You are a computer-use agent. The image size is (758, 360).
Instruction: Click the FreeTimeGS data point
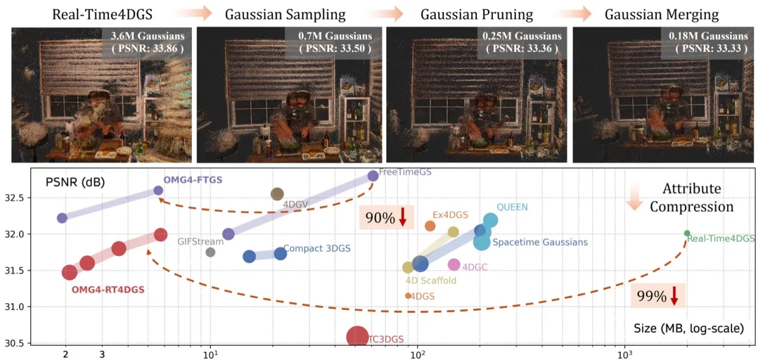pyautogui.click(x=372, y=176)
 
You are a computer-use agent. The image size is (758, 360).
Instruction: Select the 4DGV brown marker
pyautogui.click(x=277, y=194)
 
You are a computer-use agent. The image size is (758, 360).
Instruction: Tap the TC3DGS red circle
pyautogui.click(x=357, y=337)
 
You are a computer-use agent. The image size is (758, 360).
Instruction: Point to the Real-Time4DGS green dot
pyautogui.click(x=687, y=233)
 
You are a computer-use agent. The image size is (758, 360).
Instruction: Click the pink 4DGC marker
pyautogui.click(x=454, y=265)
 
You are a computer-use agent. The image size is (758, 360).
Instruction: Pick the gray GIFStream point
pyautogui.click(x=210, y=252)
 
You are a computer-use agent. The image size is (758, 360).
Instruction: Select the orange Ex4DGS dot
pyautogui.click(x=430, y=226)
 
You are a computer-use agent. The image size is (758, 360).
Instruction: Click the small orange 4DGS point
pyautogui.click(x=408, y=295)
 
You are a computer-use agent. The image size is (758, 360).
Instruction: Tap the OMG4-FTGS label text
pyautogui.click(x=193, y=179)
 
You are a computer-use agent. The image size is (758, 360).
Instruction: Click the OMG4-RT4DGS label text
pyautogui.click(x=108, y=290)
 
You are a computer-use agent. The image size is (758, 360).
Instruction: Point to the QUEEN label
pyautogui.click(x=512, y=207)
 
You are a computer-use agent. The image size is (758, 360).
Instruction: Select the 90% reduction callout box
pyautogui.click(x=387, y=217)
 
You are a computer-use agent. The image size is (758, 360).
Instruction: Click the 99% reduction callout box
pyautogui.click(x=658, y=295)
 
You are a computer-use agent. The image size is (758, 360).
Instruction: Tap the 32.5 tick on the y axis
pyautogui.click(x=15, y=198)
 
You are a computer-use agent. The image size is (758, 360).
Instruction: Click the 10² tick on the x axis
pyautogui.click(x=417, y=354)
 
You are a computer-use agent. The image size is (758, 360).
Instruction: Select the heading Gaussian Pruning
pyautogui.click(x=477, y=15)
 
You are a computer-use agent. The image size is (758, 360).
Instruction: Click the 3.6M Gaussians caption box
pyautogui.click(x=147, y=42)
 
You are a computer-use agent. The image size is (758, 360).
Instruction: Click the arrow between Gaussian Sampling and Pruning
pyautogui.click(x=385, y=14)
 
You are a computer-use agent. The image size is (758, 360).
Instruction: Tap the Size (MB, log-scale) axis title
pyautogui.click(x=689, y=328)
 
